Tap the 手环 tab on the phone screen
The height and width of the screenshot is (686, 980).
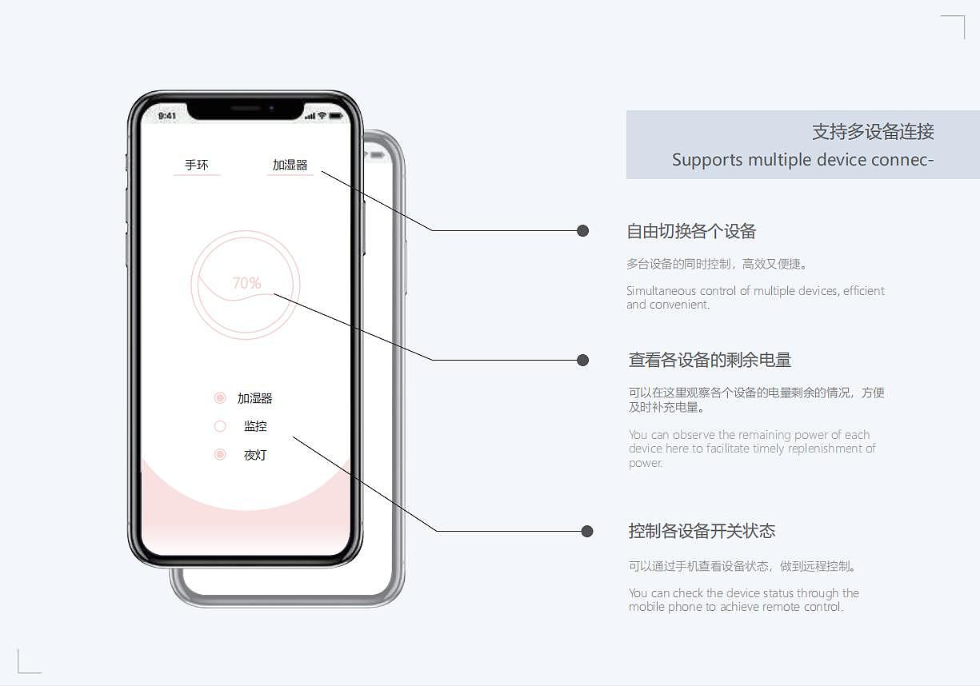point(196,165)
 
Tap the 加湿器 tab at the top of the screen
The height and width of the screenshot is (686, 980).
point(290,165)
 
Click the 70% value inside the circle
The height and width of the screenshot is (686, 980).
point(246,283)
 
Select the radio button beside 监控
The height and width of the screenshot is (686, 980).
point(220,426)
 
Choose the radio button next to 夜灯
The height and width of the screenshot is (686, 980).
point(220,455)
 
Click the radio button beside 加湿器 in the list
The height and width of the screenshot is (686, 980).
point(220,398)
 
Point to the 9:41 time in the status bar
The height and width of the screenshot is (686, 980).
point(167,116)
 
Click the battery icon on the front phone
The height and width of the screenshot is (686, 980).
point(335,116)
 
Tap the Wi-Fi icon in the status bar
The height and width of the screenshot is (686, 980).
point(322,116)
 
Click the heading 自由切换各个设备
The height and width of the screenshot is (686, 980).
point(691,232)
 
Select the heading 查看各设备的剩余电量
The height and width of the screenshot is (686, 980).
point(710,361)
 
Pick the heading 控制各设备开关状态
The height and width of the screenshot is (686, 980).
point(702,532)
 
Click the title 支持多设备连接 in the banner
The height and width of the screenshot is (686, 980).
point(873,132)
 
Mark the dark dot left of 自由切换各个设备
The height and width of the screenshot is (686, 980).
point(583,231)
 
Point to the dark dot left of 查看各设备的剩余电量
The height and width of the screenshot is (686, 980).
point(583,360)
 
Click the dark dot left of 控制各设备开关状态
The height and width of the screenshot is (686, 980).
point(587,531)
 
